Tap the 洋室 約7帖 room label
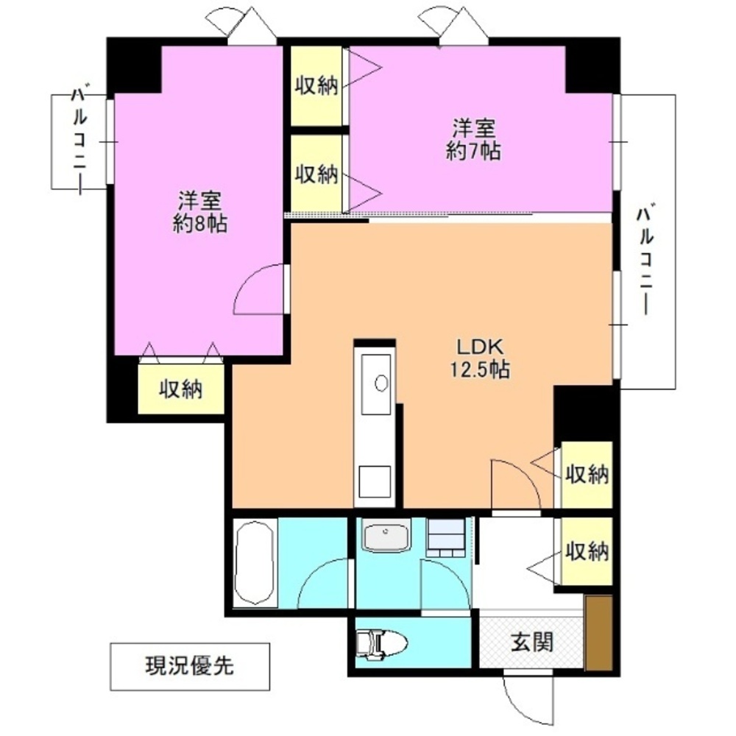pyautogui.click(x=473, y=140)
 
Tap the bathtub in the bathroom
pyautogui.click(x=255, y=563)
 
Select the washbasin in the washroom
pyautogui.click(x=386, y=537)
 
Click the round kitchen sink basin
pyautogui.click(x=381, y=383)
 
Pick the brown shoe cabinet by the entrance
pyautogui.click(x=599, y=633)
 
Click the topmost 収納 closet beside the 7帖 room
pyautogui.click(x=316, y=86)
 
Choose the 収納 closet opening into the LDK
pyautogui.click(x=587, y=475)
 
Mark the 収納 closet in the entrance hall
pyautogui.click(x=587, y=551)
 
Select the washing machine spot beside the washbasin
pyautogui.click(x=446, y=536)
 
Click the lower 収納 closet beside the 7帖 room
pyautogui.click(x=316, y=174)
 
